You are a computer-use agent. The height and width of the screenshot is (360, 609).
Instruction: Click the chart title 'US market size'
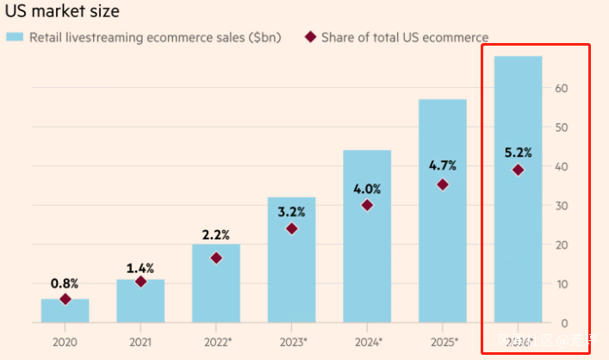pyautogui.click(x=63, y=12)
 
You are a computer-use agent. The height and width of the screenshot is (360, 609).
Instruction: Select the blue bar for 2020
pyautogui.click(x=65, y=311)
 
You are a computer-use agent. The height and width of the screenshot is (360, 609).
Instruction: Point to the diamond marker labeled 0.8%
pyautogui.click(x=65, y=299)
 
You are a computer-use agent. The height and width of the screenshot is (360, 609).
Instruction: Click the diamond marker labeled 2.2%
pyautogui.click(x=216, y=258)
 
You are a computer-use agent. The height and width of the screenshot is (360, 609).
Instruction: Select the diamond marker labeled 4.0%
pyautogui.click(x=367, y=205)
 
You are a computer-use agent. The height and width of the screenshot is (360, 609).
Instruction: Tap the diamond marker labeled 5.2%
pyautogui.click(x=518, y=170)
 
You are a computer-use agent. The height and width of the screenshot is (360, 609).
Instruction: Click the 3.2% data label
pyautogui.click(x=291, y=210)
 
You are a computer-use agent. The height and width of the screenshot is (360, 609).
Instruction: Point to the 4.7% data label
pyautogui.click(x=442, y=165)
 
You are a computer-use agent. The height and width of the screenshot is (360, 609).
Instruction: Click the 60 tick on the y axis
pyautogui.click(x=561, y=88)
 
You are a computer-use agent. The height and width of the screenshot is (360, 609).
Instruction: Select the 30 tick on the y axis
pyautogui.click(x=561, y=206)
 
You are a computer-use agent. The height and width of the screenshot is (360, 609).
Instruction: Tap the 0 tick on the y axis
pyautogui.click(x=564, y=324)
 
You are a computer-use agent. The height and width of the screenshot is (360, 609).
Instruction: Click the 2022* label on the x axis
pyautogui.click(x=216, y=341)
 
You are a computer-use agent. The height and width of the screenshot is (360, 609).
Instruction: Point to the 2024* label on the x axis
pyautogui.click(x=367, y=341)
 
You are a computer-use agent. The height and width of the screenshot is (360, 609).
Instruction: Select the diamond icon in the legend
pyautogui.click(x=310, y=37)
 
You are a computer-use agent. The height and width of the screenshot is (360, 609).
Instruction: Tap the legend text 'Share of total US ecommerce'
pyautogui.click(x=405, y=38)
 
